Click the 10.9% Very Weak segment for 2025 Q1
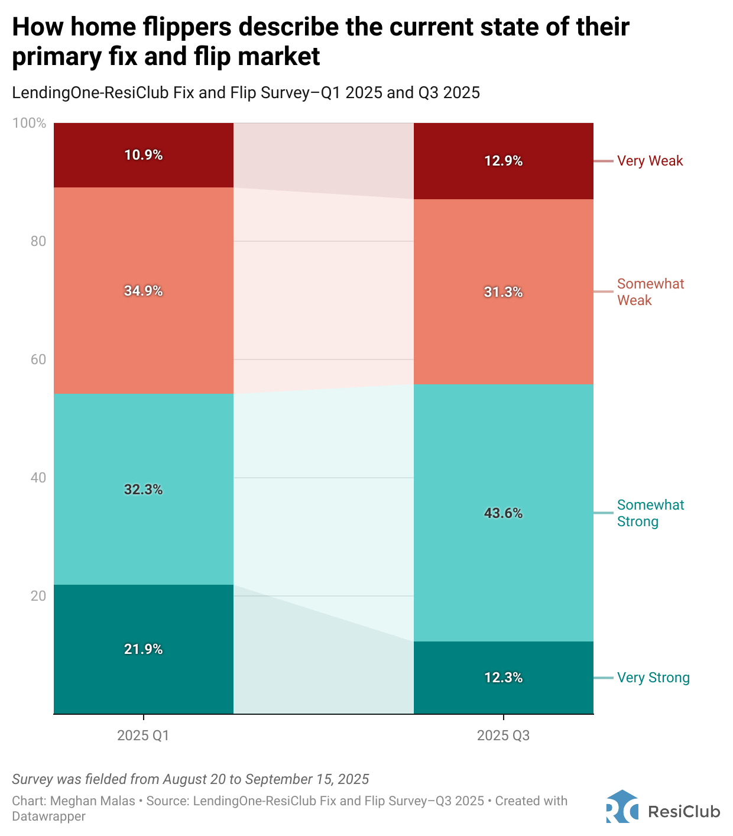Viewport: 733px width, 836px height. click(x=144, y=155)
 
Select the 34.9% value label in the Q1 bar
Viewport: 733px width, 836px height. click(x=144, y=291)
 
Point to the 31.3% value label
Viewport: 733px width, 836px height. click(x=503, y=292)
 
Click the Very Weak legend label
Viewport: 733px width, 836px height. click(x=650, y=161)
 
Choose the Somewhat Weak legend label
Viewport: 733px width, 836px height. click(x=650, y=292)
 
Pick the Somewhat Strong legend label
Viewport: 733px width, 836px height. click(x=650, y=513)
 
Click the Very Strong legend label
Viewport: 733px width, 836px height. click(x=653, y=678)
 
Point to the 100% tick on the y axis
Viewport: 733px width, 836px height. click(x=29, y=123)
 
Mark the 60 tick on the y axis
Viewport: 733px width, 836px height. click(x=38, y=359)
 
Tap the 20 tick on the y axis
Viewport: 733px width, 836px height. click(x=38, y=596)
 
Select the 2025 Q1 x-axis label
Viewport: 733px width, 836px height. click(x=143, y=735)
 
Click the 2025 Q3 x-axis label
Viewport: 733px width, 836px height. click(x=503, y=735)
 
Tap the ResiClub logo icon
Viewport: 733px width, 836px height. click(x=621, y=806)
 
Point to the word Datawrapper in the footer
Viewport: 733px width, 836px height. click(x=48, y=816)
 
